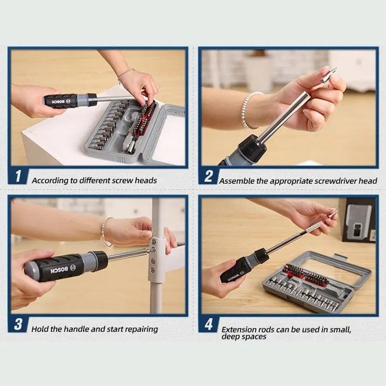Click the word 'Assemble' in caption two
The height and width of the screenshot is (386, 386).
point(235,181)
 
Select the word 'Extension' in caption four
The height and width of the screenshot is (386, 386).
point(238,329)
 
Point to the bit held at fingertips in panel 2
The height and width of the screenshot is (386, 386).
point(330,75)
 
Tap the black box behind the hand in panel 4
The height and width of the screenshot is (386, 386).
point(358,220)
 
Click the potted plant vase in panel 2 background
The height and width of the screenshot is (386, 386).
point(259,72)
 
